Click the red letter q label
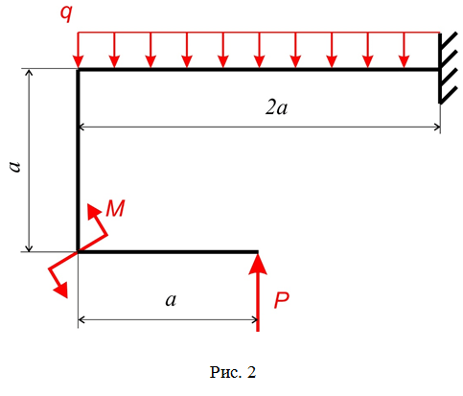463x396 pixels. pyautogui.click(x=67, y=13)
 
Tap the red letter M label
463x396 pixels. pyautogui.click(x=115, y=208)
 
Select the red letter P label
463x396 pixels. pyautogui.click(x=282, y=300)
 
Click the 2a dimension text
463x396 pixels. pyautogui.click(x=276, y=108)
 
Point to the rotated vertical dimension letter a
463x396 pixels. pyautogui.click(x=14, y=167)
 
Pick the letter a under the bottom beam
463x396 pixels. pyautogui.click(x=171, y=300)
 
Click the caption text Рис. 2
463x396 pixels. pyautogui.click(x=233, y=372)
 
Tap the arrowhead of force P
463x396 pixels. pyautogui.click(x=258, y=264)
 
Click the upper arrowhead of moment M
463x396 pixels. pyautogui.click(x=93, y=210)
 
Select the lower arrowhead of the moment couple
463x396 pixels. pyautogui.click(x=61, y=290)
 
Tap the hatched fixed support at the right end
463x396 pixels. pyautogui.click(x=446, y=68)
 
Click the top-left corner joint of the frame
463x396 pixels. pyautogui.click(x=78, y=69)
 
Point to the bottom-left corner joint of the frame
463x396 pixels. pyautogui.click(x=78, y=252)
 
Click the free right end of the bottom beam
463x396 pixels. pyautogui.click(x=257, y=252)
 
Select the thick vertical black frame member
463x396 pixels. pyautogui.click(x=78, y=160)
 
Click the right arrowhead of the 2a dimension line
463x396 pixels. pyautogui.click(x=437, y=128)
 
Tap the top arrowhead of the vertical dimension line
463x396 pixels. pyautogui.click(x=29, y=72)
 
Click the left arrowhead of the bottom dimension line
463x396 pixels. pyautogui.click(x=81, y=319)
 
